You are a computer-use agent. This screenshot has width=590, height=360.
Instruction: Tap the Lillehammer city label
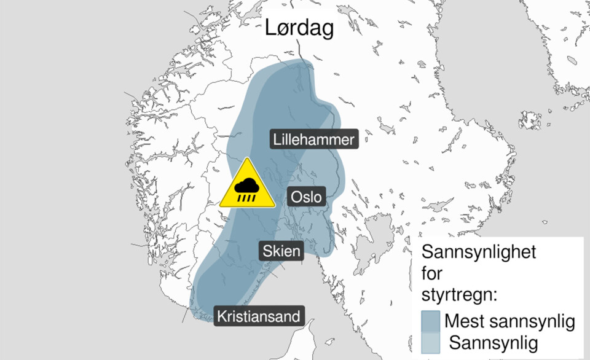(x=313, y=140)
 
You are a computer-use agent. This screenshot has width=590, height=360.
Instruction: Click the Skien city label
(x=281, y=251)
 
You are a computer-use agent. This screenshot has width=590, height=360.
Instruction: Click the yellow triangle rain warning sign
(x=248, y=186)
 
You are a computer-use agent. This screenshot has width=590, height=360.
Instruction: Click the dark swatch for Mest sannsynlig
(x=430, y=321)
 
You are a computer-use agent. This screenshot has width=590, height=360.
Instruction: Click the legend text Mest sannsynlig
(x=509, y=321)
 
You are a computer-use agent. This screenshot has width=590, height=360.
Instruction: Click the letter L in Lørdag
(x=271, y=28)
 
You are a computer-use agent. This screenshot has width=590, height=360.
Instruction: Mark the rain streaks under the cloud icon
(x=248, y=196)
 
